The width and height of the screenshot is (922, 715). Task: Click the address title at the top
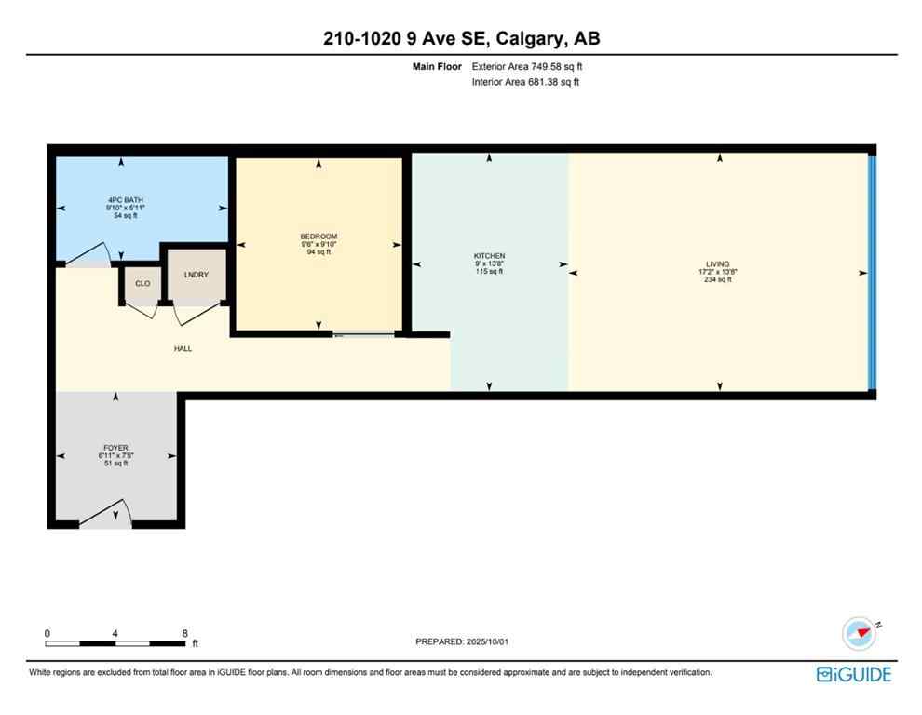461,38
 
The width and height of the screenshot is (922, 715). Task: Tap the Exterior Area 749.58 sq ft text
527,66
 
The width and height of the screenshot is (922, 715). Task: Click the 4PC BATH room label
124,200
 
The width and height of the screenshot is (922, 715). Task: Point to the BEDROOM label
319,236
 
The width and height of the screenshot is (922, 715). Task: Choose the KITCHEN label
489,256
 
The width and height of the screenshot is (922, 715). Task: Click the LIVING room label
717,264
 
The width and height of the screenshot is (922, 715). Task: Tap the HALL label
183,348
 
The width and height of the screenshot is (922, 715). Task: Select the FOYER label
115,448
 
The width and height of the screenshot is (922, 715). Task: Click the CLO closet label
142,283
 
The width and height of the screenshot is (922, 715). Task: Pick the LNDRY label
196,274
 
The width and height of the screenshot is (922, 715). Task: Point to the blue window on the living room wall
872,272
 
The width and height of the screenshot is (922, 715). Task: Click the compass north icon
859,633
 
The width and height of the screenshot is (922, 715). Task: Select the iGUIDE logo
853,674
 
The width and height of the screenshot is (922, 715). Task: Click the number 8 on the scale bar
185,633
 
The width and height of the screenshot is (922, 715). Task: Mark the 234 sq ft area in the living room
717,279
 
